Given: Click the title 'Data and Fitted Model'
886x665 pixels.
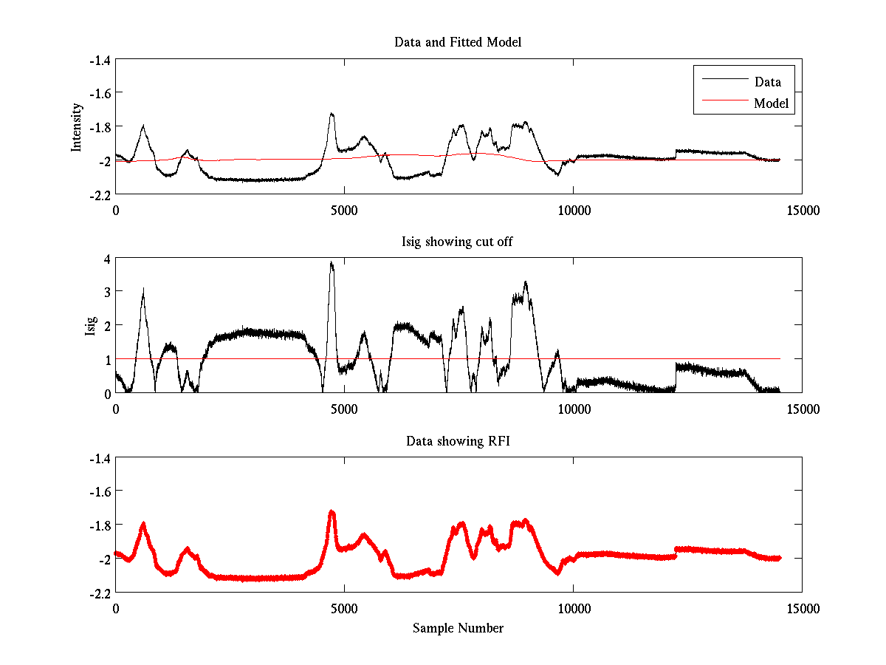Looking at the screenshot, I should click(x=458, y=42).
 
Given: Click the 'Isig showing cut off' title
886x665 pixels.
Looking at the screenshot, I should click(x=458, y=242).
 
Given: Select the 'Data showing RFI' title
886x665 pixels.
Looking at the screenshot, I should click(x=458, y=441).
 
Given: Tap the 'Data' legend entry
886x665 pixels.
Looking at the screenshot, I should click(x=767, y=82).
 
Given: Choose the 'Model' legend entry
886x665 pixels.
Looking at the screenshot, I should click(x=771, y=103).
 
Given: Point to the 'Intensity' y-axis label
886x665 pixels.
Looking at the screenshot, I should click(x=77, y=127).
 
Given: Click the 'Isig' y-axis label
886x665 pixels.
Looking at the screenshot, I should click(x=90, y=326).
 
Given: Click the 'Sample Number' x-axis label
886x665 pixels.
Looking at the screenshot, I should click(x=458, y=628).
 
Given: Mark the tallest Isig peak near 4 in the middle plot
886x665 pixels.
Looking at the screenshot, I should click(x=332, y=262).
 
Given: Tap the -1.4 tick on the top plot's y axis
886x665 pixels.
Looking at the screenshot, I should click(x=100, y=60).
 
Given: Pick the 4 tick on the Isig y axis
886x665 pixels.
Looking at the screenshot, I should click(x=106, y=259).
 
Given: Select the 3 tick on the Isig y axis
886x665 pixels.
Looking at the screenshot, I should click(x=106, y=293).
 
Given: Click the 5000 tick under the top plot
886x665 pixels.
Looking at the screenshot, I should click(x=344, y=210).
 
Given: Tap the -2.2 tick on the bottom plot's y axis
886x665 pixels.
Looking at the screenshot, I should click(x=100, y=593).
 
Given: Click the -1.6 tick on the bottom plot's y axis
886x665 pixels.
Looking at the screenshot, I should click(x=100, y=491).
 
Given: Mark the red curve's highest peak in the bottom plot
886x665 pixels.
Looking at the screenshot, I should click(x=332, y=511).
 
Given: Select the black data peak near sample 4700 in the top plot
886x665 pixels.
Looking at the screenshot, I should click(x=332, y=114).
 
